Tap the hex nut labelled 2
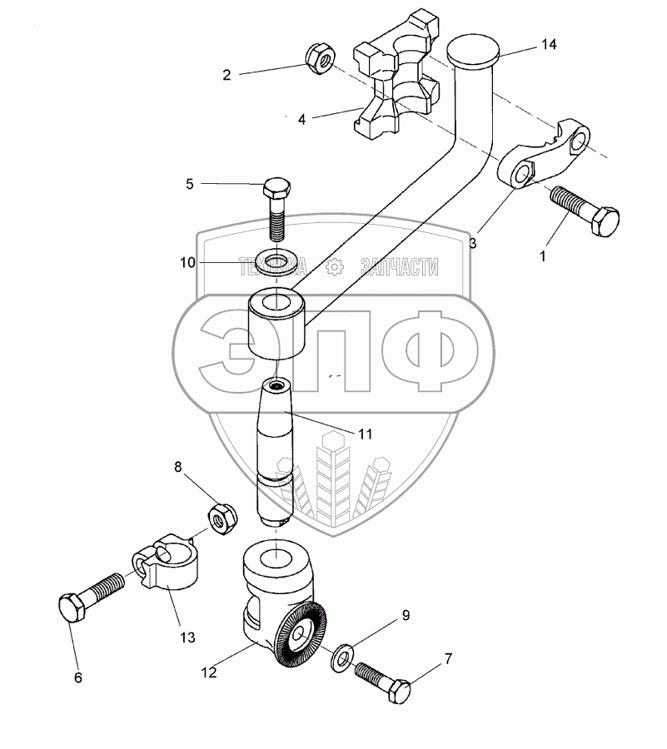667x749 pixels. pos(320,57)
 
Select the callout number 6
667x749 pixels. pos(78,678)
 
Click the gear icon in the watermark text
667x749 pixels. pos(335,266)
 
